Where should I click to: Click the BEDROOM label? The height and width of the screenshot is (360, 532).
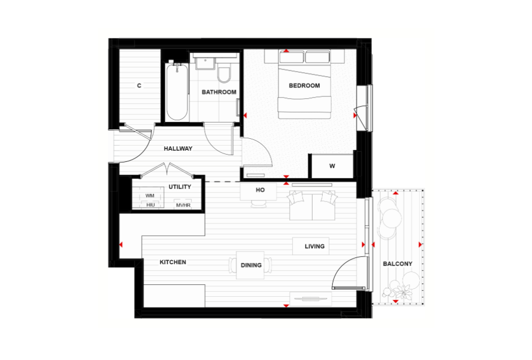tap(304, 86)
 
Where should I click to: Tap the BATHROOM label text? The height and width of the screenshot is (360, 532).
tap(219, 92)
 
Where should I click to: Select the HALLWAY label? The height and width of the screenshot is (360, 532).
tap(178, 148)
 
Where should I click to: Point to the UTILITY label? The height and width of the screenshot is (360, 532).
tap(180, 187)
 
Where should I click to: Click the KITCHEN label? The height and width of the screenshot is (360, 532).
tap(173, 262)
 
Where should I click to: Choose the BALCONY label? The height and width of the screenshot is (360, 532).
tap(398, 264)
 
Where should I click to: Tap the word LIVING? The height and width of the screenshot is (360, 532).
tap(315, 247)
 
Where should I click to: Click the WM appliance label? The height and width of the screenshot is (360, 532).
tap(150, 196)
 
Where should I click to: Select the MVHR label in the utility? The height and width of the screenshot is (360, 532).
tap(183, 205)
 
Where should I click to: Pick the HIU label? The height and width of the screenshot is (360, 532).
tap(150, 205)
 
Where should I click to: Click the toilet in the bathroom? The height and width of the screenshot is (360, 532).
tap(224, 74)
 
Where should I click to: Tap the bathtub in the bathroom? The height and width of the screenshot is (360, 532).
tap(177, 91)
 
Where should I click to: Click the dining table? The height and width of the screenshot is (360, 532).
tap(250, 265)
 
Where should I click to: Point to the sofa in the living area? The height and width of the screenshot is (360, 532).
tap(312, 205)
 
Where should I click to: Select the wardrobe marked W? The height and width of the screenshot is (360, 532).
tap(332, 166)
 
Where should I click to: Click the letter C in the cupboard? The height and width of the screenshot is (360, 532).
tap(139, 86)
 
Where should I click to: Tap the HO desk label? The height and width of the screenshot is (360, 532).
tap(260, 190)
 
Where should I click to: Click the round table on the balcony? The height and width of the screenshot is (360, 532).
tap(392, 218)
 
